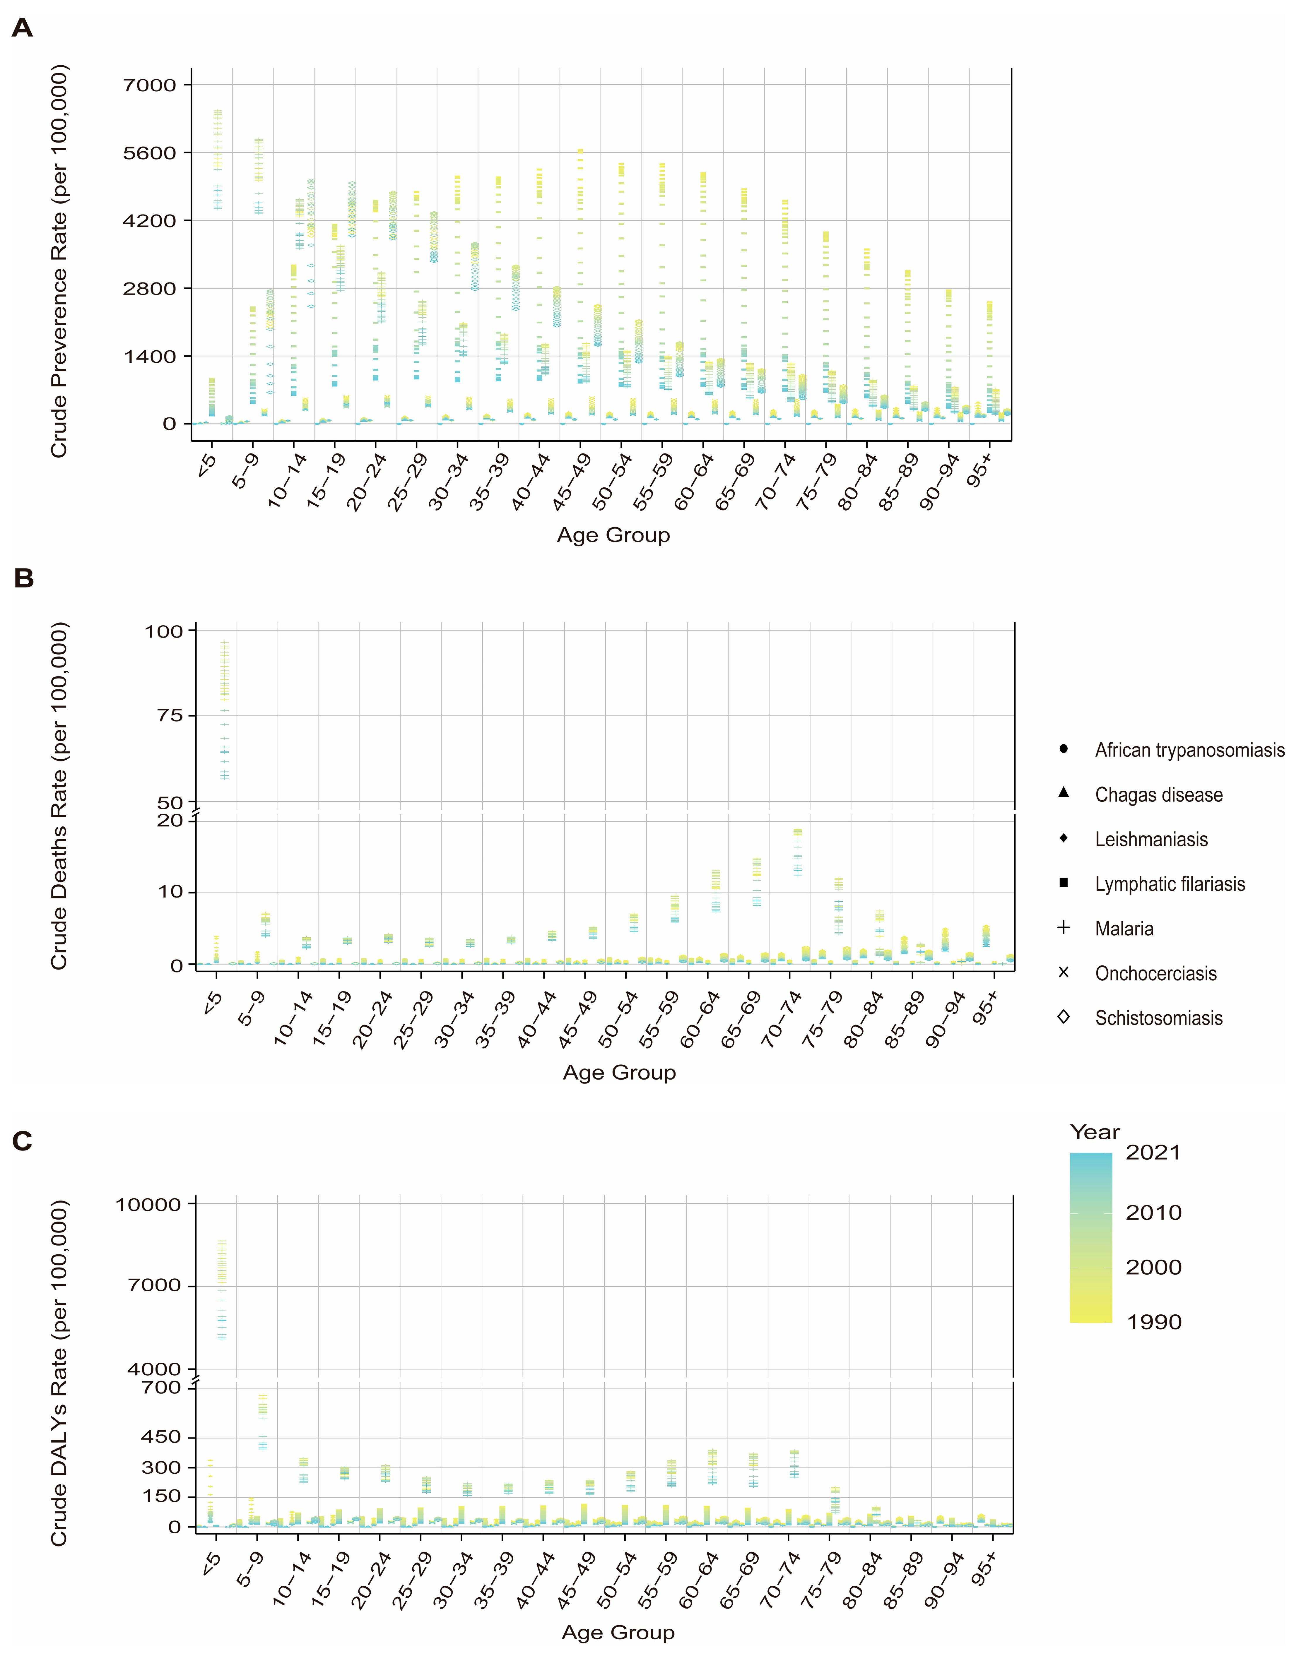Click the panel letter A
(x=22, y=28)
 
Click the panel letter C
(x=22, y=1140)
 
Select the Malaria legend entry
(x=1124, y=929)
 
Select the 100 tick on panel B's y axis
(x=164, y=631)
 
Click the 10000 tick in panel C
(x=148, y=1205)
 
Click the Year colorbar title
(x=1095, y=1132)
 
